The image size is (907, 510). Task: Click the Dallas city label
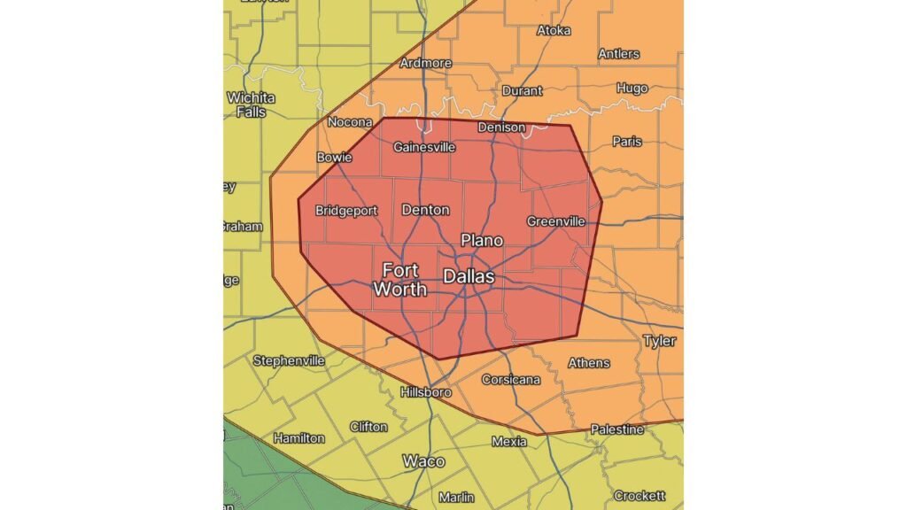(469, 277)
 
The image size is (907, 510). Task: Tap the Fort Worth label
(399, 279)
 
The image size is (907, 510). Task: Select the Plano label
(482, 240)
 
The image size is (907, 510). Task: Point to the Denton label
(425, 210)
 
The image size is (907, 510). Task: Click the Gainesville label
(424, 146)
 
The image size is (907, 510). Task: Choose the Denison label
(501, 127)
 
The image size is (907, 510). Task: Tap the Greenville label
(555, 221)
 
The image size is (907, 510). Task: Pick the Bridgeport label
(347, 211)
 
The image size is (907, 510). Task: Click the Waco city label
(423, 461)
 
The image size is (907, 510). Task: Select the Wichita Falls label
(252, 104)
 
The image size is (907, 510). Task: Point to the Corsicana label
(510, 380)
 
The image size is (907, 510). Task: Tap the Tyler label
(659, 341)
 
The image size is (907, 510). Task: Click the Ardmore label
(426, 63)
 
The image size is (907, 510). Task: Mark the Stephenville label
(289, 360)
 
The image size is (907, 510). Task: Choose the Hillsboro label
(426, 392)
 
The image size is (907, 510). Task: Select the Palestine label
(617, 429)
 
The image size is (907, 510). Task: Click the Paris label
(627, 142)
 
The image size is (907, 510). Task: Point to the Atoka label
(554, 31)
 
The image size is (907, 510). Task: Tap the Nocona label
(349, 122)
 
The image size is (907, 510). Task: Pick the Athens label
(588, 363)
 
